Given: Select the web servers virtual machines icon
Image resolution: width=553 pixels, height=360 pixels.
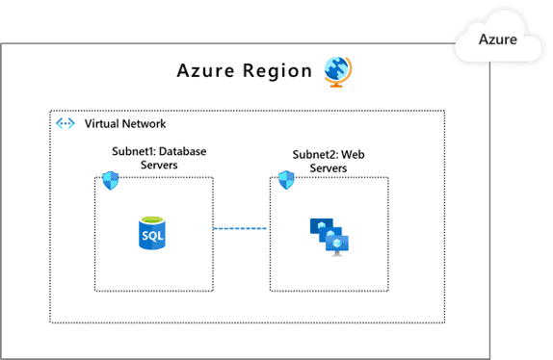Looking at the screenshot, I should click(329, 235).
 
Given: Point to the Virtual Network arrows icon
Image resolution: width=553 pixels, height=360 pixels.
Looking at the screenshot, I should click(66, 124).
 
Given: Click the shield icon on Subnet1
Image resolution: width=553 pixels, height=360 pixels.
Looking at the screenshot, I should click(110, 179).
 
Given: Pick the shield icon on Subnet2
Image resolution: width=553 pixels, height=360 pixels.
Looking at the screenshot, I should click(285, 179).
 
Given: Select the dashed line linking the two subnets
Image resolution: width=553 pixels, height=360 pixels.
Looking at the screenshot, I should click(241, 228).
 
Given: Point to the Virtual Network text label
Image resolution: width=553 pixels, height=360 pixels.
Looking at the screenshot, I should click(125, 124).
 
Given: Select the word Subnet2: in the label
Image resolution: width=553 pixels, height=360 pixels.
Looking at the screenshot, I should click(319, 155).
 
